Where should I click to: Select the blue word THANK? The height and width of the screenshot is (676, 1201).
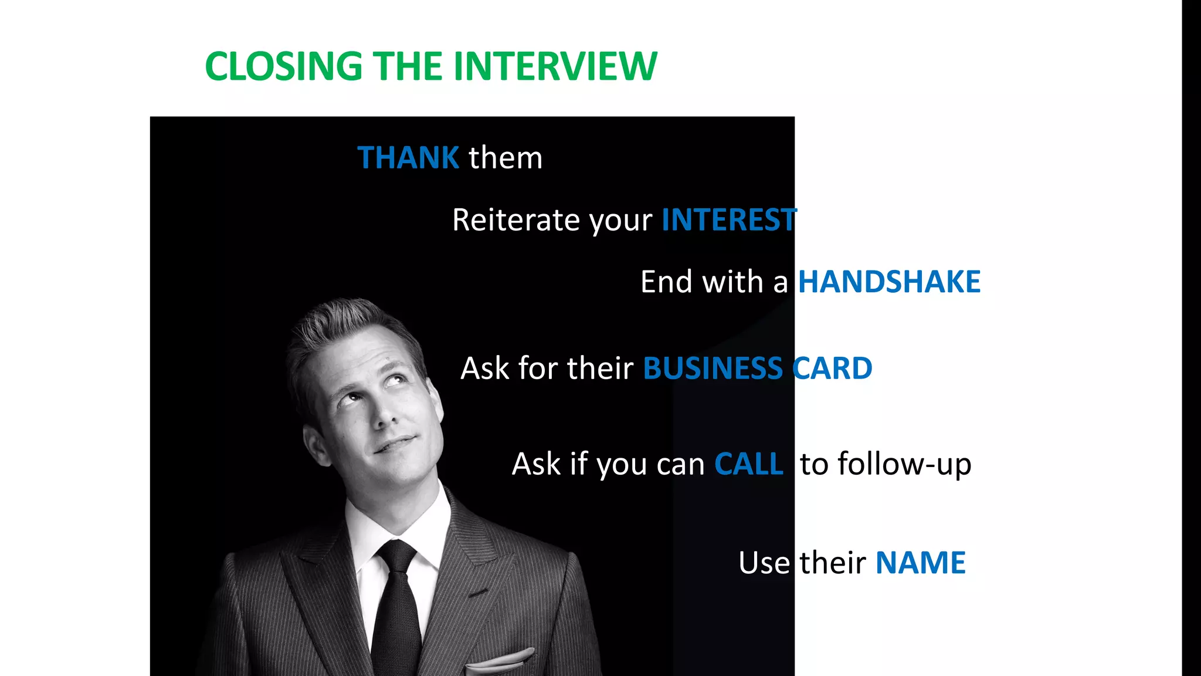pos(408,158)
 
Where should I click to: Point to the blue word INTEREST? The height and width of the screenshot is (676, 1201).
pos(729,220)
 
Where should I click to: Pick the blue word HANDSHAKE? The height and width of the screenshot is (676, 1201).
pos(889,282)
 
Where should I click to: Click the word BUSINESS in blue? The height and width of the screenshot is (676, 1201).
pos(713,369)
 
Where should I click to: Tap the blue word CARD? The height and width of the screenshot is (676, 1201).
pos(832,369)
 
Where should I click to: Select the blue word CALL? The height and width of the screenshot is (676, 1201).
pos(749,464)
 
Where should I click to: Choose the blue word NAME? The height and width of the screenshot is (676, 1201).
pos(920,563)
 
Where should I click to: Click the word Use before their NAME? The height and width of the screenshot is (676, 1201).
pos(764,563)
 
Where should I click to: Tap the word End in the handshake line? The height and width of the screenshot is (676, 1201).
pos(666,282)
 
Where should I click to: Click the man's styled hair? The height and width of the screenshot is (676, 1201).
pos(346,329)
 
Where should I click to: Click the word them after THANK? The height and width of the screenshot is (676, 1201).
pos(505,158)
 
